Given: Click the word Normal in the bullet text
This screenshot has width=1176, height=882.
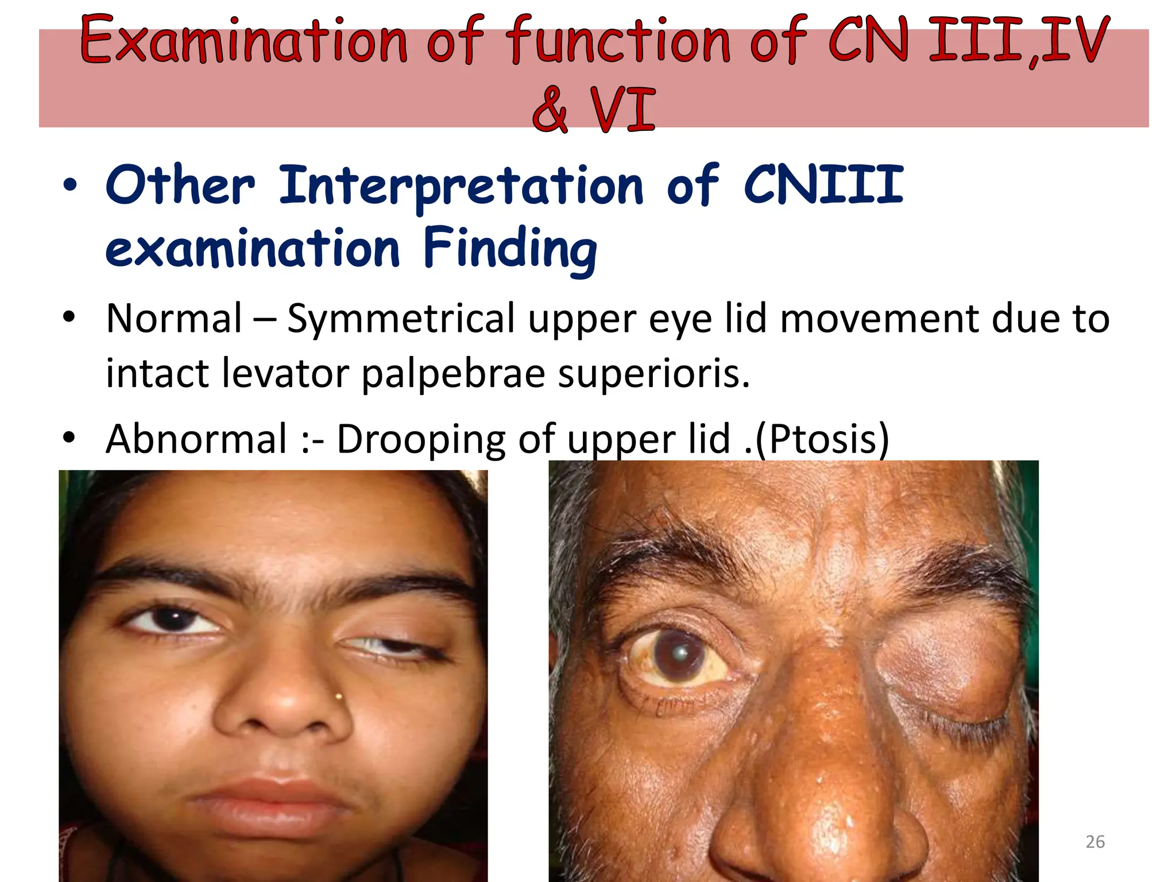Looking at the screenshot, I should pos(174,319).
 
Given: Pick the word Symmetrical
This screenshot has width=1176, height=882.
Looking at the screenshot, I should pos(401,320).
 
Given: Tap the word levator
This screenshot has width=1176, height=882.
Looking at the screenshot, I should pos(285,374).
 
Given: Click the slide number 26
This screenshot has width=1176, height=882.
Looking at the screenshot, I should pos(1095,842).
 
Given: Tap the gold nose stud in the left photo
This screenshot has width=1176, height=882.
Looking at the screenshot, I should pos(339,697).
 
